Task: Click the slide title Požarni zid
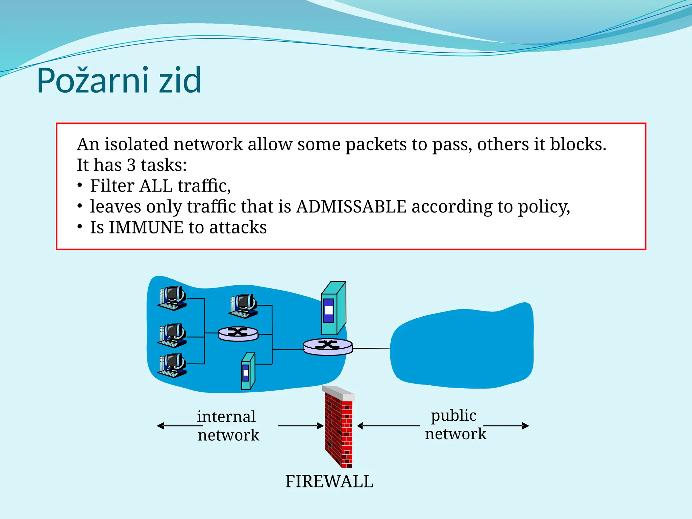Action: coord(119,80)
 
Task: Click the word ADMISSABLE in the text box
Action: coord(351,206)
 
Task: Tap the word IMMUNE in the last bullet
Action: coord(146,227)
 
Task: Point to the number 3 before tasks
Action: coord(131,165)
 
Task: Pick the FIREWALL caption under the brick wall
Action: coord(329,481)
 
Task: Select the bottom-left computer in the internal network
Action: coord(172,365)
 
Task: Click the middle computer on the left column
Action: coord(172,335)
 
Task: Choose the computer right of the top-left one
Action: coord(243,306)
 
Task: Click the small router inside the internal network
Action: coord(238,333)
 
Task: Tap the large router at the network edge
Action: coord(328,346)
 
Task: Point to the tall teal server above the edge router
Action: coord(333,308)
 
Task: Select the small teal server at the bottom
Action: coord(248,371)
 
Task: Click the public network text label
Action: coord(455,424)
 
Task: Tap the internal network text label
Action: coord(227,425)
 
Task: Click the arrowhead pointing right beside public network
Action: coord(525,426)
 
